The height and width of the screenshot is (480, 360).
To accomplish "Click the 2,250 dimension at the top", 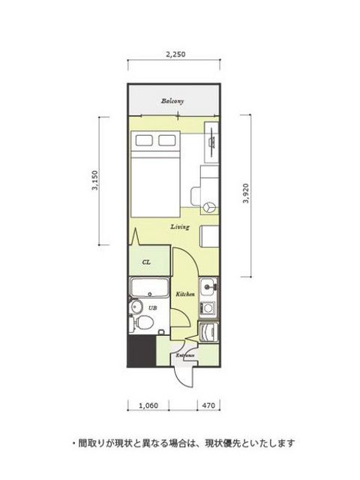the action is point(175,55).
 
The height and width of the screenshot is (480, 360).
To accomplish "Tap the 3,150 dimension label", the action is point(95,180).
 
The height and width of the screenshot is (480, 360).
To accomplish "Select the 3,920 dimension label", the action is point(246,193).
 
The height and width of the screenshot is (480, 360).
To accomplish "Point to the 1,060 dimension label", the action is point(148,406).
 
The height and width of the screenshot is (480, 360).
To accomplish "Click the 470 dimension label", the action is point(208,406).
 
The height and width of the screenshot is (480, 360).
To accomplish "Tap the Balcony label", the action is point(172,101).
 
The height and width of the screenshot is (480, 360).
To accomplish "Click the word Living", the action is point(180,226).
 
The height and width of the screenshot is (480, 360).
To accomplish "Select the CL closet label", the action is point(146,262).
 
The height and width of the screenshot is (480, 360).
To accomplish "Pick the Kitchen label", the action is point(185,294).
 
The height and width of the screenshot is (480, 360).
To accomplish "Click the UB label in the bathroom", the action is point(153,308).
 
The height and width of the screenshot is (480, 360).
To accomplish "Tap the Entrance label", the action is point(185,355).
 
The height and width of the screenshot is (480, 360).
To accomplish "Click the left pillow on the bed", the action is point(144,140).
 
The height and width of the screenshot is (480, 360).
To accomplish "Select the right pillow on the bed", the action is point(167,140).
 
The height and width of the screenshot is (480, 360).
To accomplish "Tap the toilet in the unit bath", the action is point(142,323).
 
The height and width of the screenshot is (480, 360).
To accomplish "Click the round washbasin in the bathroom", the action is point(136,307).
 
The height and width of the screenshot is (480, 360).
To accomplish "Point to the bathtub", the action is point(149,287).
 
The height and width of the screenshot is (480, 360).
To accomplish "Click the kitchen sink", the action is point(208,287).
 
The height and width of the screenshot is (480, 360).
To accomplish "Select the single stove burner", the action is point(208,307).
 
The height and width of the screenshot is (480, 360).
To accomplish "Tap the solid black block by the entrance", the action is point(142,350).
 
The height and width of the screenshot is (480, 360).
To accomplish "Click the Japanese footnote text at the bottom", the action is point(183,443).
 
